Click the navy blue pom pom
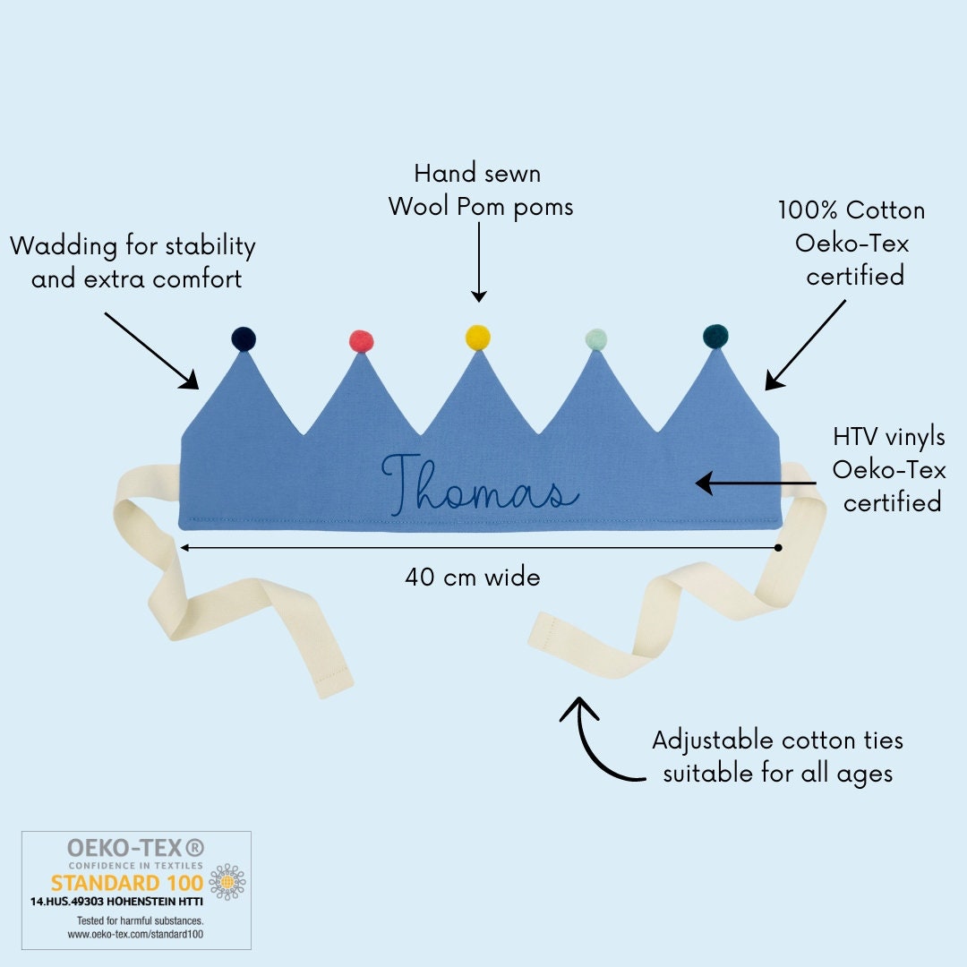click(x=244, y=338)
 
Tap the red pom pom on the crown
click(x=361, y=341)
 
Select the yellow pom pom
click(x=478, y=337)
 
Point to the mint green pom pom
click(x=595, y=339)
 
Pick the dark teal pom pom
click(x=715, y=336)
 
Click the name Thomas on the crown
click(x=480, y=484)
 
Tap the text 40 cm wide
click(x=473, y=578)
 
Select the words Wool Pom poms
click(x=481, y=207)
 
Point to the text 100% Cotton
click(x=851, y=211)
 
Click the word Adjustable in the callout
click(x=713, y=741)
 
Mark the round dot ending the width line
click(x=778, y=547)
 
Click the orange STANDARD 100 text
click(x=126, y=883)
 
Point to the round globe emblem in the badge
click(x=226, y=882)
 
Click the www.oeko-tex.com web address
click(x=136, y=934)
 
